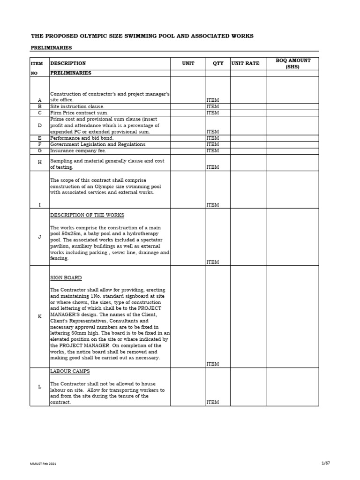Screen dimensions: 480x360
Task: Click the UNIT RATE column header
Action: click(x=245, y=63)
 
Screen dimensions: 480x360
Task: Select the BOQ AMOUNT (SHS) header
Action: click(x=292, y=64)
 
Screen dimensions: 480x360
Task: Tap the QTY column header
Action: click(x=218, y=63)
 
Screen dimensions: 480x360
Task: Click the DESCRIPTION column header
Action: click(x=68, y=63)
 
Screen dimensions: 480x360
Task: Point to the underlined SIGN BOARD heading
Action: click(x=66, y=278)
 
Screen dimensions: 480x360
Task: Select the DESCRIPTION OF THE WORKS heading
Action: click(x=87, y=215)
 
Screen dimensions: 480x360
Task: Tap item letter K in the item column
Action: click(x=40, y=316)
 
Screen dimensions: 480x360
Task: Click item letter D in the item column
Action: click(x=40, y=126)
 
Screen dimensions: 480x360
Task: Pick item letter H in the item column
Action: click(x=40, y=161)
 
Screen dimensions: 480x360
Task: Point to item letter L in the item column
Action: click(x=40, y=386)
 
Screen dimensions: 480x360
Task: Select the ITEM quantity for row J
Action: click(x=212, y=262)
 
